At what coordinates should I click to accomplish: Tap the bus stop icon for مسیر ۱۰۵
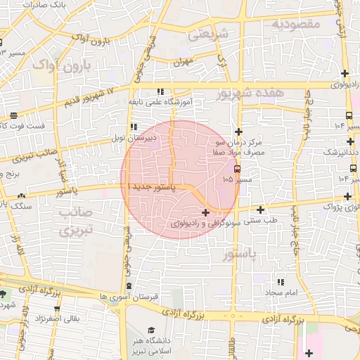tap(236, 169)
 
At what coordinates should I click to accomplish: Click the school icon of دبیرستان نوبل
tap(134, 127)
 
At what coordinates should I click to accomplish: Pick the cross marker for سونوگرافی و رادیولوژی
tap(205, 212)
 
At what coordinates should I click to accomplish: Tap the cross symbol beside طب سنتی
tap(261, 209)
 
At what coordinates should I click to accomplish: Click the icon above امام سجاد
tap(281, 282)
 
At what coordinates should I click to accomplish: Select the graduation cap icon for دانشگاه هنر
tap(151, 330)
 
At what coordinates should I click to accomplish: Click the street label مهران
tap(184, 62)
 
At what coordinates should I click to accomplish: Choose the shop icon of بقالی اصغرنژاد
tap(57, 309)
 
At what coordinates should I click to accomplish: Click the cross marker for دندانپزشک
tap(345, 141)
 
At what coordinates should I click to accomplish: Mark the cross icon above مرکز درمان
tap(238, 131)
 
